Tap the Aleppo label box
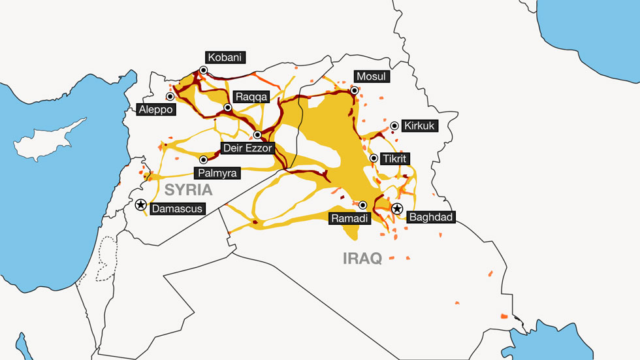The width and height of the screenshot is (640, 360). tap(157, 110)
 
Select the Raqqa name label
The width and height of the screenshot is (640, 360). tap(251, 96)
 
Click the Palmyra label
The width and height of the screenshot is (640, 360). tap(217, 172)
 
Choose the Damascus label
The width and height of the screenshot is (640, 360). tap(176, 209)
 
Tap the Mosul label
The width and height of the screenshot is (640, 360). tap(371, 76)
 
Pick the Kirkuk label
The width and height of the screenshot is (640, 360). tap(419, 126)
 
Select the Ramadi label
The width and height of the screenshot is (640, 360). tap(350, 218)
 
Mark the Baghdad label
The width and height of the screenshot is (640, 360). tap(430, 217)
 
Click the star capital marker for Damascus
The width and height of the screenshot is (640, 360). tap(140, 205)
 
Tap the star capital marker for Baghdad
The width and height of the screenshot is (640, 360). tap(396, 208)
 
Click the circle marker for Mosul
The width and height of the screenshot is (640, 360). tap(354, 90)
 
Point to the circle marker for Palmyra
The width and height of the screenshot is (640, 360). tap(203, 159)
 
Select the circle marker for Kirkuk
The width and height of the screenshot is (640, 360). tap(394, 125)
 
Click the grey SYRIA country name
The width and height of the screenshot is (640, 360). tap(189, 190)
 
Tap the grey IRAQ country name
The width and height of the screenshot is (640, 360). tap(362, 258)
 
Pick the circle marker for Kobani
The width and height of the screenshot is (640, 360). tap(204, 70)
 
